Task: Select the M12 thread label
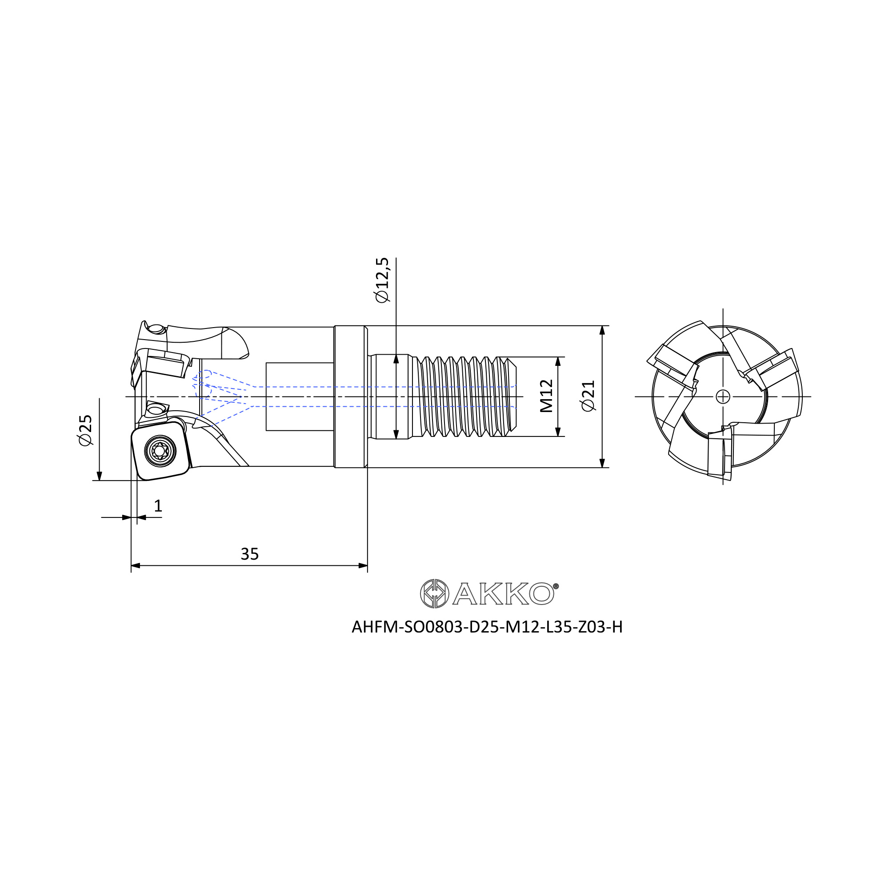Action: point(546,396)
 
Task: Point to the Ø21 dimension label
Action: point(589,396)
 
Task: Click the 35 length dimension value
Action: point(250,554)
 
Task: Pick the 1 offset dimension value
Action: point(158,506)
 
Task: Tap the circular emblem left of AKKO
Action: point(434,593)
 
